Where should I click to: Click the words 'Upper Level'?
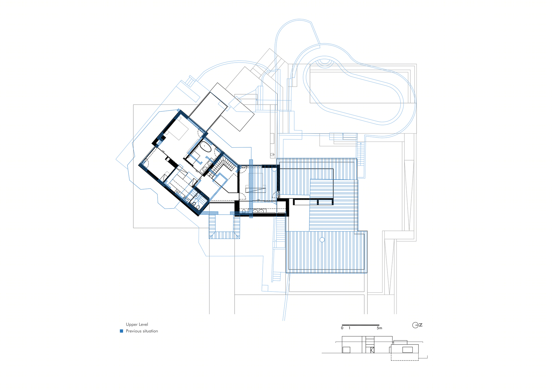(137, 324)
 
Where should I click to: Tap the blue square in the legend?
(121, 331)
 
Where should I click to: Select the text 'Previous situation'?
(142, 331)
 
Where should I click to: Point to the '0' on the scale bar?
(342, 328)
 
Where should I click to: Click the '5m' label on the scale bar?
(380, 328)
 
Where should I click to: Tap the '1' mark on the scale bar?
(349, 328)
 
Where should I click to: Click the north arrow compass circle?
(415, 325)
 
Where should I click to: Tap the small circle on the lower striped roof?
(322, 240)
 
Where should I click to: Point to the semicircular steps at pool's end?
(325, 63)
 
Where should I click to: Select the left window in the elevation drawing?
(346, 350)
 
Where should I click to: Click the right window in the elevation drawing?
(407, 350)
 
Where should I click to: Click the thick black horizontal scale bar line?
(360, 325)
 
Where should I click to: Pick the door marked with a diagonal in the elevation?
(372, 350)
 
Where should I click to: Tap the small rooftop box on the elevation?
(400, 343)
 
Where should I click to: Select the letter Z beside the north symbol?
(421, 325)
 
